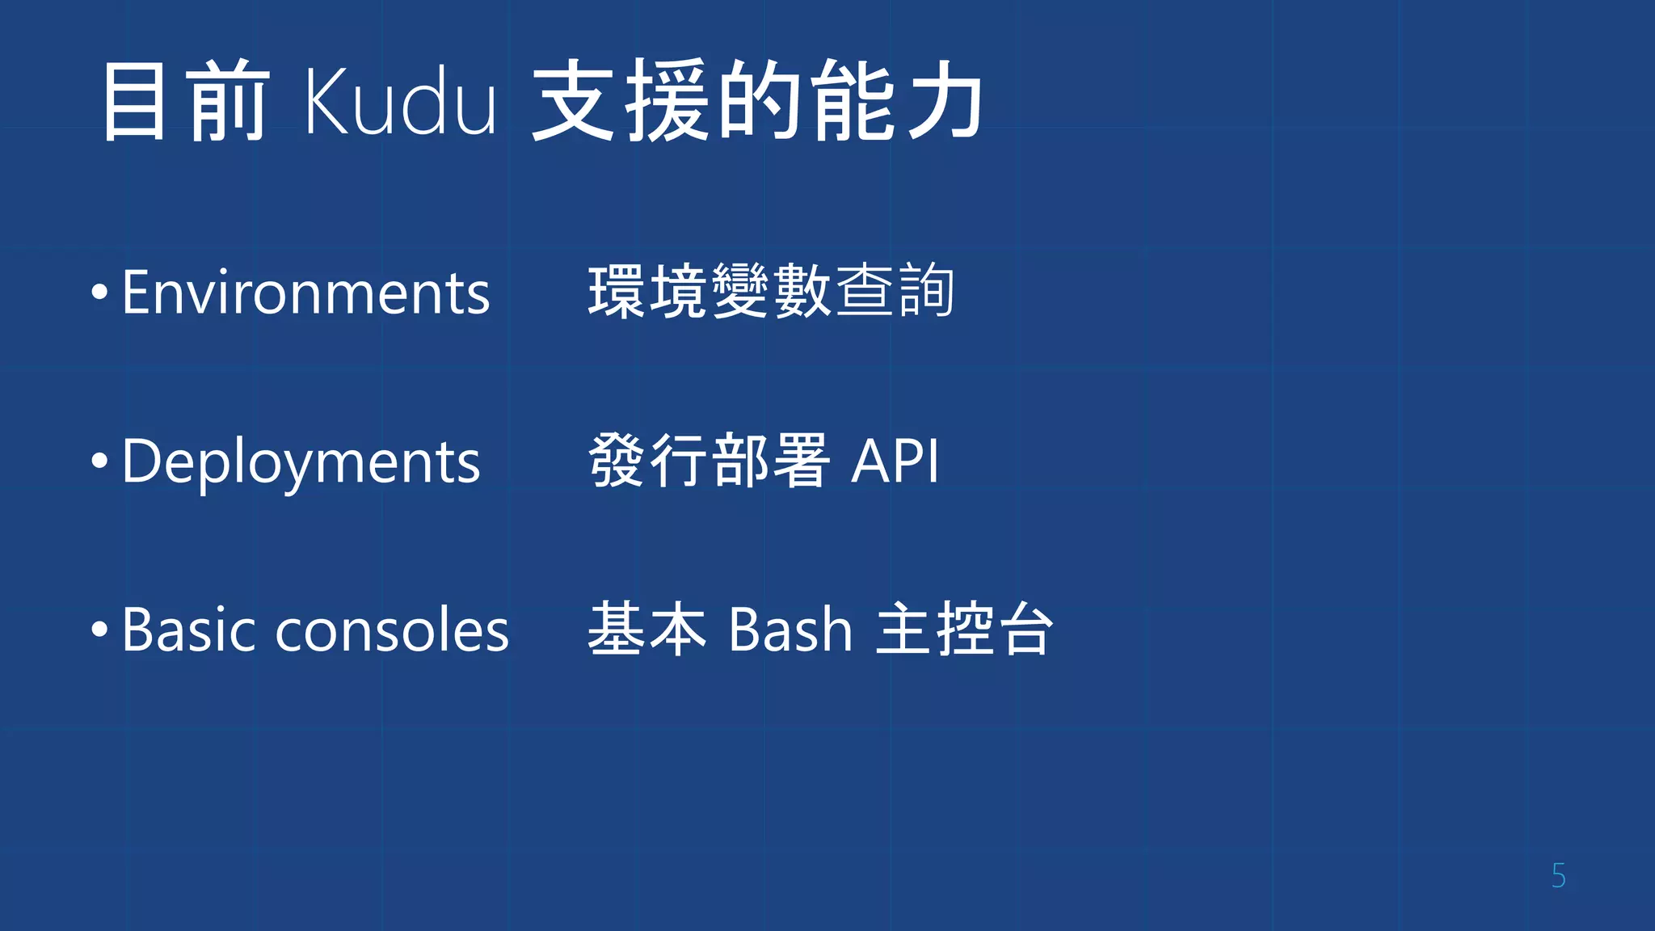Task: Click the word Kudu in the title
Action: point(400,102)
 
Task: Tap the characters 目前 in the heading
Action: point(185,102)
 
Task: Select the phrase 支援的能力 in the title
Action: point(757,102)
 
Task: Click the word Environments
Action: point(305,293)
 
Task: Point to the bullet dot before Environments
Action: point(99,293)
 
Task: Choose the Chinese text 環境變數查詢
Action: point(771,292)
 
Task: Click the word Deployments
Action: point(301,462)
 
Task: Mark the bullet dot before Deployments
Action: point(99,461)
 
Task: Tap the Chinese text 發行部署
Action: point(709,461)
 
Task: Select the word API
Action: point(895,461)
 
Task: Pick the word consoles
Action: point(392,631)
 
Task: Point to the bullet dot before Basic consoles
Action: point(99,630)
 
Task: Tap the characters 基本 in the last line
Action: point(647,629)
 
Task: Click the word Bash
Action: point(790,630)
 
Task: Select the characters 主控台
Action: point(965,629)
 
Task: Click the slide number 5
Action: point(1558,876)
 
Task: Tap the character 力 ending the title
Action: point(944,102)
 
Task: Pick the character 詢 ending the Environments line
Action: point(926,292)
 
